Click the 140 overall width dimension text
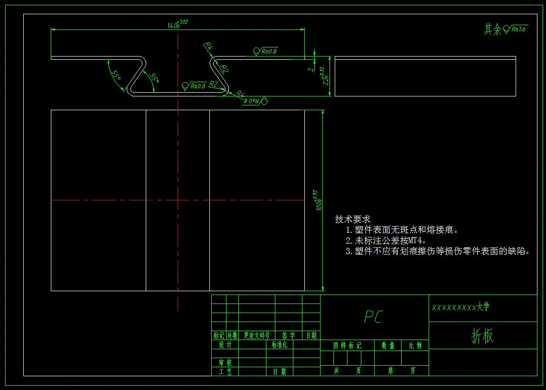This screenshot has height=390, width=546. [174, 25]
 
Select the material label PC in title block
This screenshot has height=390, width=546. [373, 317]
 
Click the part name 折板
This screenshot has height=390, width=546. [482, 336]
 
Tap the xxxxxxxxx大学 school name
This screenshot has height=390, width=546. [460, 307]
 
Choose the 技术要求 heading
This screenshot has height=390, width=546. [352, 219]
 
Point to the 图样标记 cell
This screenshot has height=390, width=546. [347, 346]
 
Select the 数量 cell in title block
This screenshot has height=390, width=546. [388, 346]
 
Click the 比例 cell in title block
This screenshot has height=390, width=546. [415, 346]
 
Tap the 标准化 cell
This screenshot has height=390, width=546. [279, 345]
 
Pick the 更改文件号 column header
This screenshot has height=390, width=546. [256, 335]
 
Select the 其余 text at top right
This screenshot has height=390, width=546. [492, 29]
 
